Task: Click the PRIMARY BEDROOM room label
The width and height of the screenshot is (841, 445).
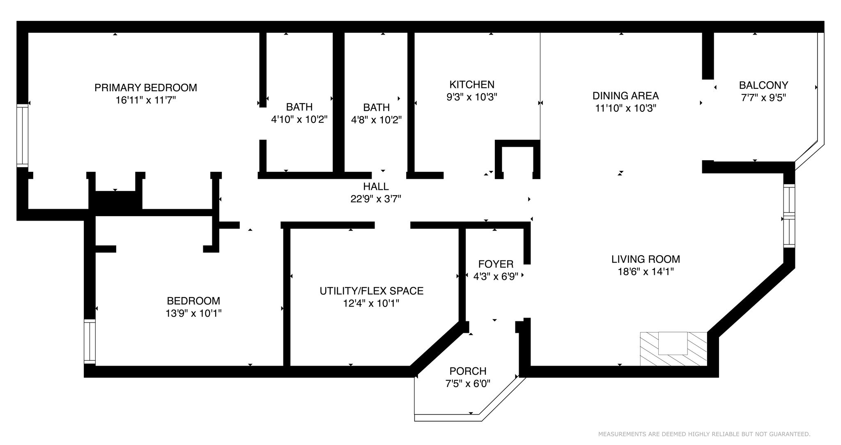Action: tap(146, 88)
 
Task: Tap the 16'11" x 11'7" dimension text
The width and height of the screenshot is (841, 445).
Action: tap(146, 100)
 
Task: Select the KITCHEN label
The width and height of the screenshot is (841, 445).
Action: tap(472, 85)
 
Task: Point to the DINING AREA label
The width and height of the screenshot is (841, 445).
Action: tap(625, 96)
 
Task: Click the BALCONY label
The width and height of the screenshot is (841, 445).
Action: tap(763, 85)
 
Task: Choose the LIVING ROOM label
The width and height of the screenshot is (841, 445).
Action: tap(646, 259)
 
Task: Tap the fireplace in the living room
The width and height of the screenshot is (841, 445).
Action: tap(673, 348)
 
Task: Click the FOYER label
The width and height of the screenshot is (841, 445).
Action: tap(496, 264)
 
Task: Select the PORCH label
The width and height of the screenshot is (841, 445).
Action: tap(468, 371)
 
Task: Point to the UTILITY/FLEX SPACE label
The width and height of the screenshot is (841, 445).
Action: tap(372, 291)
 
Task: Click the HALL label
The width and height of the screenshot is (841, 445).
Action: tap(376, 187)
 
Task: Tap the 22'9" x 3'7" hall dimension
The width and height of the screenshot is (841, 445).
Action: tap(376, 199)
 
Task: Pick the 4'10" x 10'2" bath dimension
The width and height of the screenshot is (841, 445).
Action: tap(299, 120)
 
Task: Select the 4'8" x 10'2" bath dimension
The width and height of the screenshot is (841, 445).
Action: tap(376, 120)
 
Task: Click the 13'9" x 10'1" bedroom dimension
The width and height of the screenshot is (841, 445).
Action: tap(193, 314)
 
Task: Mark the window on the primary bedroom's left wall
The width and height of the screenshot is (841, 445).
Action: tap(22, 136)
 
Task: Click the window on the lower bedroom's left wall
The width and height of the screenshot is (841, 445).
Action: tap(90, 341)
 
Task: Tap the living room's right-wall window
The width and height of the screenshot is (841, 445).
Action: tap(789, 216)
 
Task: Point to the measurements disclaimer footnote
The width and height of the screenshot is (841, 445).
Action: tap(704, 434)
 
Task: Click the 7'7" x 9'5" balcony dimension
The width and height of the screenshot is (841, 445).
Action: tap(763, 98)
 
